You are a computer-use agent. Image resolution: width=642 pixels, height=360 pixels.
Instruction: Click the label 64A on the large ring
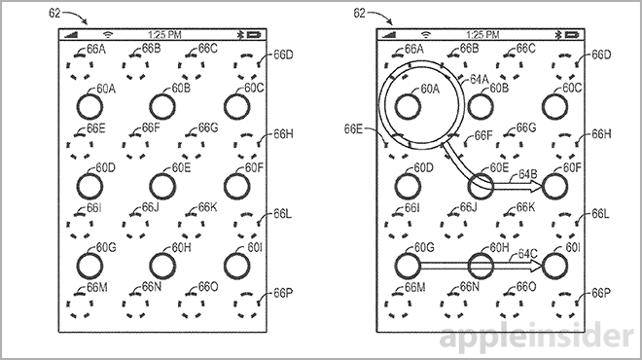pos(479,80)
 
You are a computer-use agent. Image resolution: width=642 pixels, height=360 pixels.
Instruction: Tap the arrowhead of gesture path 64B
pos(535,187)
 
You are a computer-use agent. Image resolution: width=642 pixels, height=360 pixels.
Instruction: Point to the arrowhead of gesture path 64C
pos(535,266)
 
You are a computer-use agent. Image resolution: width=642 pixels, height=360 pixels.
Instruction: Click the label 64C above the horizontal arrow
pos(527,254)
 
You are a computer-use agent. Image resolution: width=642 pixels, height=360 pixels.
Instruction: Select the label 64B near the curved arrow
pos(527,174)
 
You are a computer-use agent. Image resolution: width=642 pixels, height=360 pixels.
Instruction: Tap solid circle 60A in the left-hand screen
pos(89,106)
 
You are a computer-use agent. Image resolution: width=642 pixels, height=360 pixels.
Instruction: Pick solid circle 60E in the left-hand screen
pos(162,187)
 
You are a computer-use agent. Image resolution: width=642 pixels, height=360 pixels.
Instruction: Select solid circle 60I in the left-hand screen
pos(237,266)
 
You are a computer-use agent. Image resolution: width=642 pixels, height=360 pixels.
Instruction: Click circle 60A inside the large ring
pos(408,106)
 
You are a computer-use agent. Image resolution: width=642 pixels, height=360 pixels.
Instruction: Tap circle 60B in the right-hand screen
pos(481,106)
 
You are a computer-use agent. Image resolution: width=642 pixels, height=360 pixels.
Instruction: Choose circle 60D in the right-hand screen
pos(408,187)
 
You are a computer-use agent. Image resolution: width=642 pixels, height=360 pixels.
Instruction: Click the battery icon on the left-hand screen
pos(254,35)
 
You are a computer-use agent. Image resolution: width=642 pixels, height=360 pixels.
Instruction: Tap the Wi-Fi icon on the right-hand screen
pos(426,35)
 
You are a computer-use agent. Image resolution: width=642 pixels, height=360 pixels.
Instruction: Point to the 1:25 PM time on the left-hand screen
pos(164,35)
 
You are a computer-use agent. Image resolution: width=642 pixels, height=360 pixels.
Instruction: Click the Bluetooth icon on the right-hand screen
pos(557,35)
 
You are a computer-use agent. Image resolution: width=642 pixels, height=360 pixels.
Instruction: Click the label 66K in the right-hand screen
pos(525,207)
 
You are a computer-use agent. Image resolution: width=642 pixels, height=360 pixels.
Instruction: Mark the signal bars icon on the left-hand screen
pos(71,35)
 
